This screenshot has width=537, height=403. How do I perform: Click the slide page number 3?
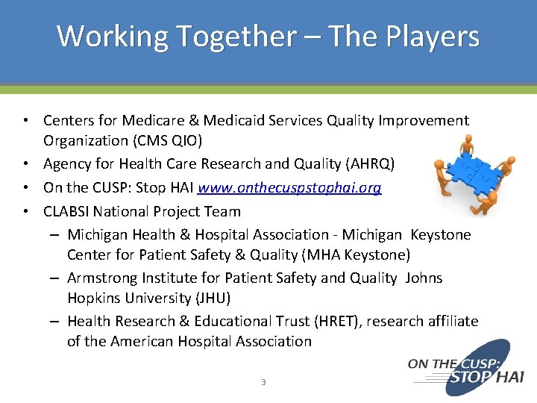coord(263,382)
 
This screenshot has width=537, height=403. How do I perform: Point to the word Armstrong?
coord(101,278)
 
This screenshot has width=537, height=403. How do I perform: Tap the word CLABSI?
coord(67,211)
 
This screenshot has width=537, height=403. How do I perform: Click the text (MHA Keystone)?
coord(355,255)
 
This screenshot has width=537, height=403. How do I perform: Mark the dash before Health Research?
coord(56,321)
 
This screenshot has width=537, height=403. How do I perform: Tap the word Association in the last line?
coord(274,342)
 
